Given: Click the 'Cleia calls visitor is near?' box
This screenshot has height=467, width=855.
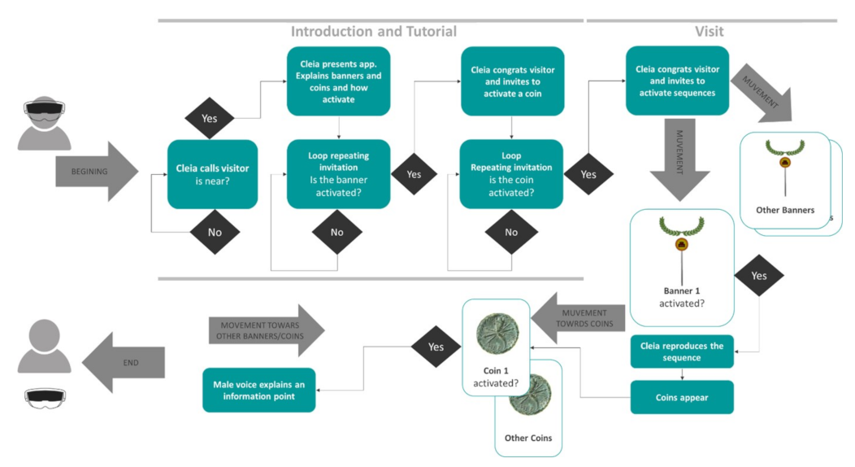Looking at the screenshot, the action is pyautogui.click(x=213, y=175).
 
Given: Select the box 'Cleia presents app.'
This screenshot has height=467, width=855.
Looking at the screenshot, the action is pyautogui.click(x=339, y=81).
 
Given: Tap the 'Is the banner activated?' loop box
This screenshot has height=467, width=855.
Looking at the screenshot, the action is pyautogui.click(x=339, y=174).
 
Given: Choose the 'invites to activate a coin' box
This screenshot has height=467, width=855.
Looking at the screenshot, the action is pyautogui.click(x=513, y=81).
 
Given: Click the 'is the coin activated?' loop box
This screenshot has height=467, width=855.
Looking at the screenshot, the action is pyautogui.click(x=511, y=174).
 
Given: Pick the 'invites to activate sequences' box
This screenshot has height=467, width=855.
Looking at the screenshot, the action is pyautogui.click(x=677, y=81).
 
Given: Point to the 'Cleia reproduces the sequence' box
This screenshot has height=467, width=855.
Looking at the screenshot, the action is pyautogui.click(x=682, y=352).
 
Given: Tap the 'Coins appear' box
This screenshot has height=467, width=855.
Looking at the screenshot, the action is pyautogui.click(x=682, y=397).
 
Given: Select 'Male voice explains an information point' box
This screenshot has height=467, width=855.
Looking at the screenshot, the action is pyautogui.click(x=259, y=390).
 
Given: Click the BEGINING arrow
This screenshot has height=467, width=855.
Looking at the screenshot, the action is pyautogui.click(x=97, y=172).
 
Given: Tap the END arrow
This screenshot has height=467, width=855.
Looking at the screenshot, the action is pyautogui.click(x=124, y=362).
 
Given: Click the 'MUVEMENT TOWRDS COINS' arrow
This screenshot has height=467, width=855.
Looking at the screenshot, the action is pyautogui.click(x=578, y=319).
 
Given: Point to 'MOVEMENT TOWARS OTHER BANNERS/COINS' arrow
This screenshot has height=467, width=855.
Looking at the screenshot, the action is pyautogui.click(x=267, y=330).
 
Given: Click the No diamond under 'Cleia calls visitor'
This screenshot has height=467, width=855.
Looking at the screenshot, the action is pyautogui.click(x=215, y=233).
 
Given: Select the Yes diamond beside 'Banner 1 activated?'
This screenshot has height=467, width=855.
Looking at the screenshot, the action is pyautogui.click(x=759, y=276).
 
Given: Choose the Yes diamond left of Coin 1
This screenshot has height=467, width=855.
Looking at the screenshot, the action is pyautogui.click(x=436, y=347).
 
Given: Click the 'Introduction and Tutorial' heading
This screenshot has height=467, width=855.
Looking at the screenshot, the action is pyautogui.click(x=374, y=32).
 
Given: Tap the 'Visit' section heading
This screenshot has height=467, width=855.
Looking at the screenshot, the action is pyautogui.click(x=710, y=32).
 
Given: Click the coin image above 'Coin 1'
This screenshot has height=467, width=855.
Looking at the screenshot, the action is pyautogui.click(x=497, y=334).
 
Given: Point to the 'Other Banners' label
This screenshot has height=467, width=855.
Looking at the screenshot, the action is pyautogui.click(x=785, y=210).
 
